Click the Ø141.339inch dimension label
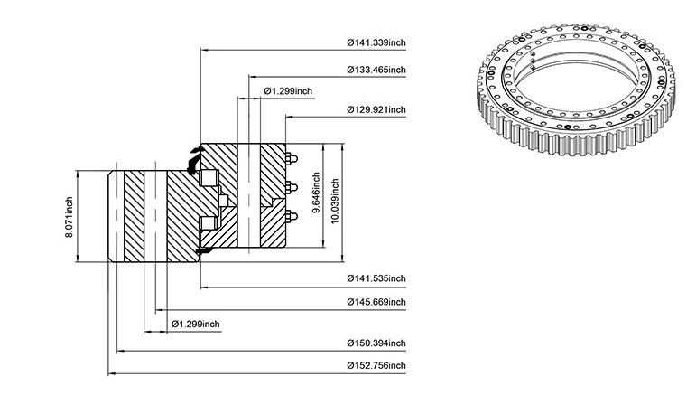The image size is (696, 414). (x=376, y=42)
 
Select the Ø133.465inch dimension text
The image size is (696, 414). (x=376, y=70)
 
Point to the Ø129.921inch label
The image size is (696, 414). (x=376, y=109)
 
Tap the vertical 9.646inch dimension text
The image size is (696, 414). (x=316, y=193)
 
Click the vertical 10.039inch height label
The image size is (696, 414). (x=335, y=202)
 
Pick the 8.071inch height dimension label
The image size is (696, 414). (x=70, y=217)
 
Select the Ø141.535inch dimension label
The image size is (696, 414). (x=376, y=278)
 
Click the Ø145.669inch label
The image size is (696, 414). (x=376, y=302)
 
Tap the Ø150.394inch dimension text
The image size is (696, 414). (x=376, y=343)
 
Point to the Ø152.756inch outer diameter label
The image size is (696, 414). (x=376, y=365)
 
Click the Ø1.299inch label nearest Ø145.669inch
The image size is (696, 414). (x=196, y=324)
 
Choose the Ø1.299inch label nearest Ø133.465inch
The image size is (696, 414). (x=288, y=91)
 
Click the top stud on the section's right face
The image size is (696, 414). (x=292, y=158)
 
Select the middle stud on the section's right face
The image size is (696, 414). (x=292, y=188)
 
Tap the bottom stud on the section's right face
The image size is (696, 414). (x=292, y=217)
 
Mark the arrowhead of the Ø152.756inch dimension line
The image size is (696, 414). (x=111, y=373)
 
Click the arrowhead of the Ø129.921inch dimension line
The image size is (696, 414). (x=289, y=117)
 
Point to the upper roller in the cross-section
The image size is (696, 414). (x=209, y=178)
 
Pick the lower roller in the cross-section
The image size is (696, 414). (x=208, y=222)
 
